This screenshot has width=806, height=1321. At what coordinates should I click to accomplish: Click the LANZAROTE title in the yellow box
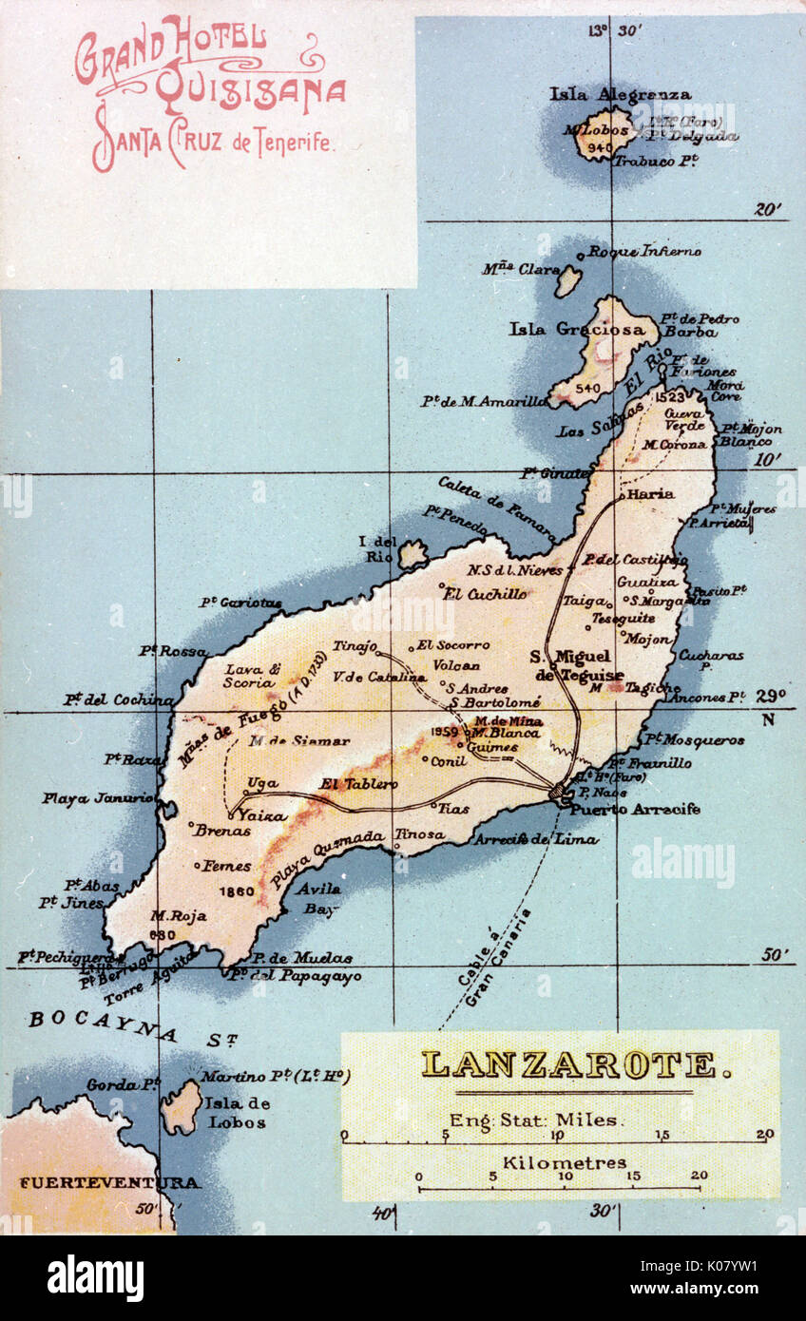point(568,1064)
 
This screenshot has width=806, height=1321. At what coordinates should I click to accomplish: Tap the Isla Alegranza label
point(620,94)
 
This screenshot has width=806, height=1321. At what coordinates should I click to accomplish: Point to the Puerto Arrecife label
point(635,810)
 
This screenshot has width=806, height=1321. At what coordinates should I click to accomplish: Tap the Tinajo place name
point(354,646)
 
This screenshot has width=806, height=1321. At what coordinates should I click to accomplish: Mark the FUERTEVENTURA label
point(109,1183)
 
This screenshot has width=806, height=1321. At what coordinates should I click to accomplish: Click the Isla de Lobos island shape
point(181,1107)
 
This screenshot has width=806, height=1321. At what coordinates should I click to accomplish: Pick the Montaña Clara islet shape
point(567,280)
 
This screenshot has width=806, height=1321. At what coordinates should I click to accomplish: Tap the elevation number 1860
point(236,891)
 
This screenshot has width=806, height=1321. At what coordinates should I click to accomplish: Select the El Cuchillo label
point(486,594)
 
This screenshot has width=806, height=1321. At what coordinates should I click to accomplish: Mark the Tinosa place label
point(419,833)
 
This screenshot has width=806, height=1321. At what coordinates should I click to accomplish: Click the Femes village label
point(228,866)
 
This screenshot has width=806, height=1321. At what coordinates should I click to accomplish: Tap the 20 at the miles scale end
point(765,1134)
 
